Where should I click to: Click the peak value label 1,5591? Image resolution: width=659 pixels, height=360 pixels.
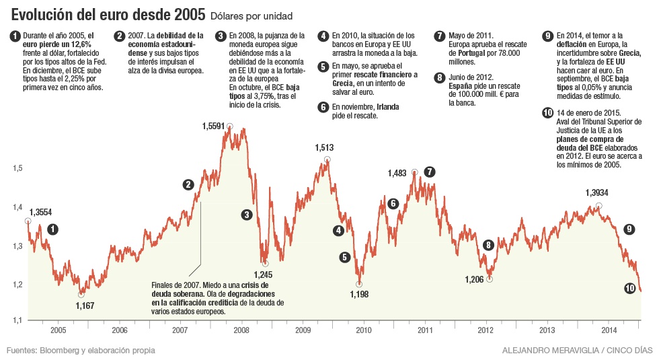coord(215,126)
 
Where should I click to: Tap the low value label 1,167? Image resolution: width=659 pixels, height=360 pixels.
coord(85,305)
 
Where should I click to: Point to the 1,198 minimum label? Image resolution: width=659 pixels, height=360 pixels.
coord(358,293)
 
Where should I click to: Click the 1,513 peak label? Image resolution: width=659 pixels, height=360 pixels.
coord(324,148)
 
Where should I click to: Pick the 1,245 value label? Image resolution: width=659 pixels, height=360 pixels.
coord(263,274)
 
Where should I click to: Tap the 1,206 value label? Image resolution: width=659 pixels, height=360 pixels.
coord(475,279)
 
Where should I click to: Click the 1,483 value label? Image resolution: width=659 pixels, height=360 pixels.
coord(397,173)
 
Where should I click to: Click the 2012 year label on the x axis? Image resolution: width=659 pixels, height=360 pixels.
coord(486,330)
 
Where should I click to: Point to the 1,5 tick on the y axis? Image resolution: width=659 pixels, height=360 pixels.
coord(17,168)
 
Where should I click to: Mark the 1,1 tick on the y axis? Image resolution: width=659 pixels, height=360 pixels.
coord(17,320)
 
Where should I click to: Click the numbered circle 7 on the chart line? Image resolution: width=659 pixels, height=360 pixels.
coord(430,172)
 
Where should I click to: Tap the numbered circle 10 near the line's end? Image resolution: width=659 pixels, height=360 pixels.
coord(629,288)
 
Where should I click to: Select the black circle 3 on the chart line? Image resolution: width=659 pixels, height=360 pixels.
coord(247,215)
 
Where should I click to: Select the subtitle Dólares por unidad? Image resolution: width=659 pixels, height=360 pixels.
coord(251,15)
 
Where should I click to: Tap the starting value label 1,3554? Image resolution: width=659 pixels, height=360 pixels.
coord(40,212)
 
